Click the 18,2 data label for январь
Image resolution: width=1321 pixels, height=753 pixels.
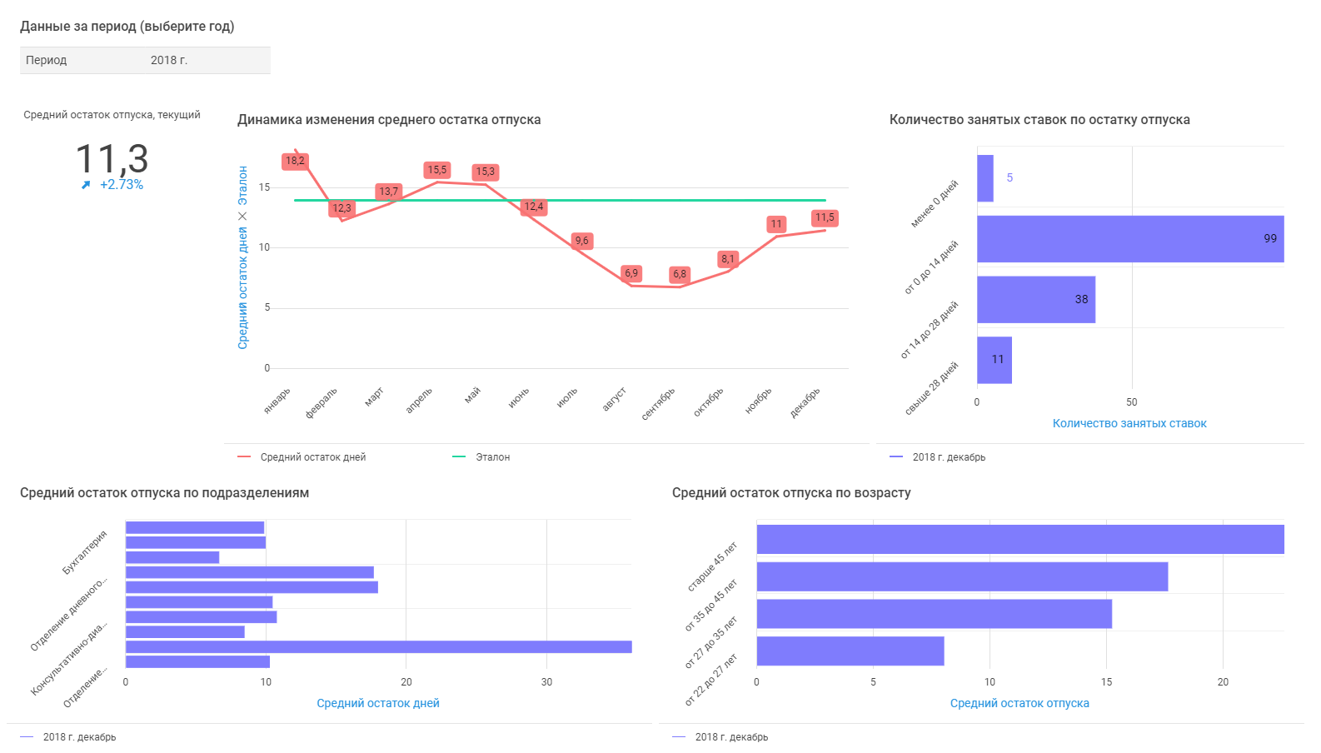[x=295, y=161]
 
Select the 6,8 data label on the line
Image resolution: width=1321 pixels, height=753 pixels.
[x=680, y=274]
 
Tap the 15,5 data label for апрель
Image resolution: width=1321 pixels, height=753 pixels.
[x=437, y=170]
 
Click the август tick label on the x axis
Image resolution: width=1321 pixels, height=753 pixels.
[x=614, y=400]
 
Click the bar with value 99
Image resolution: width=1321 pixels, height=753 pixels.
[x=1130, y=239]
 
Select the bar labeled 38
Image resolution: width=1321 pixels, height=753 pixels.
[x=1036, y=300]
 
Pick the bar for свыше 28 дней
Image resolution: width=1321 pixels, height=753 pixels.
[x=994, y=360]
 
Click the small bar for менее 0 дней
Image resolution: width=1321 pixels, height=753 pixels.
[x=985, y=178]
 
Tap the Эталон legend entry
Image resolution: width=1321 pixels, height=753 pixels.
[x=492, y=457]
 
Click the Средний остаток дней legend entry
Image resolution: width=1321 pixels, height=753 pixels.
[x=312, y=457]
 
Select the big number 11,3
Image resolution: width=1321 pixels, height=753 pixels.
[x=112, y=158]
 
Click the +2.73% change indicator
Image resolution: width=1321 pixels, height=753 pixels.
[x=121, y=185]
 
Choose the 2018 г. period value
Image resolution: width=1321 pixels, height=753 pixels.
[x=169, y=60]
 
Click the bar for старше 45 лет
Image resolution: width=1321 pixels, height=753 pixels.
[x=1020, y=540]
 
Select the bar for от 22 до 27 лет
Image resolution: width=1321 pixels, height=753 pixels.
[x=850, y=651]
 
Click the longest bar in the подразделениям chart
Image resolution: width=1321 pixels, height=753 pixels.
[x=379, y=647]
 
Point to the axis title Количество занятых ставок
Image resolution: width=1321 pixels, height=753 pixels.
[x=1129, y=423]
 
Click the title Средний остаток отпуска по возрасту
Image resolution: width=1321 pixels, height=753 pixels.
[x=791, y=493]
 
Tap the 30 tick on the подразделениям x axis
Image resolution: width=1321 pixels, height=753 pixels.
[x=546, y=682]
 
